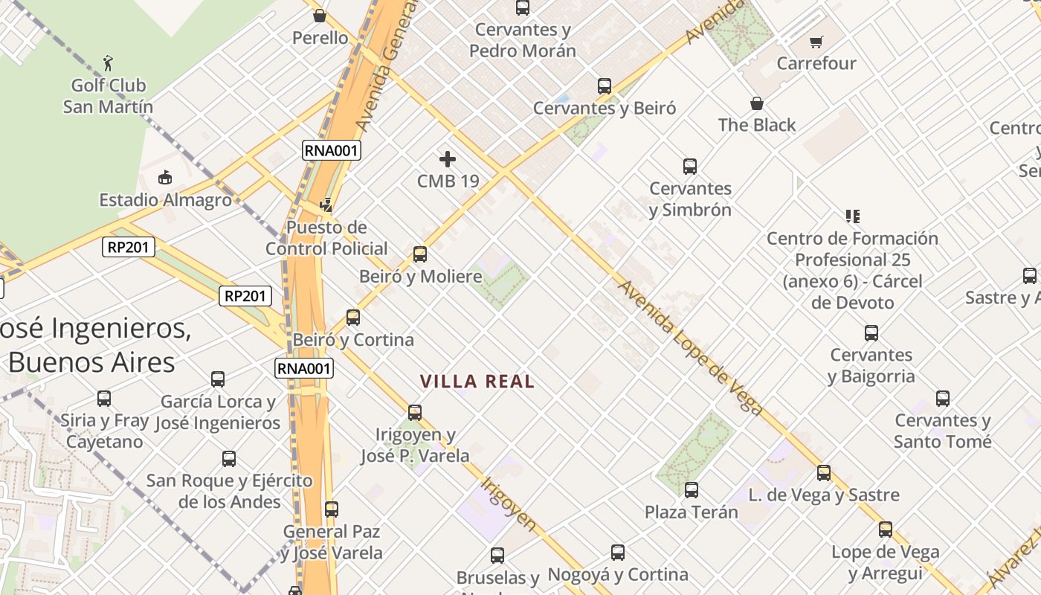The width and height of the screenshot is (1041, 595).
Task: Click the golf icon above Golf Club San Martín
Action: (x=109, y=63)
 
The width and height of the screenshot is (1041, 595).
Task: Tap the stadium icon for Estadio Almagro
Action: (x=165, y=178)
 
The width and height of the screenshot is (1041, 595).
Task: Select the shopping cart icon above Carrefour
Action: (x=816, y=42)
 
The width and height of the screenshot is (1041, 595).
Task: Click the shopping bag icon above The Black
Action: (x=756, y=103)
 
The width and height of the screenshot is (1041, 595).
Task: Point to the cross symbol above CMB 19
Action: (x=448, y=159)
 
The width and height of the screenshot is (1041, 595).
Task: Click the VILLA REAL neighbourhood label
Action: (x=477, y=382)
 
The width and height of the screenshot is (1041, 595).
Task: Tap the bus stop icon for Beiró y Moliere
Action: (x=420, y=254)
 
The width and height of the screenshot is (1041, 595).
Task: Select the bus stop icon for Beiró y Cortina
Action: (x=353, y=318)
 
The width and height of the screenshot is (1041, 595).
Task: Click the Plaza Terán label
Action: (x=691, y=512)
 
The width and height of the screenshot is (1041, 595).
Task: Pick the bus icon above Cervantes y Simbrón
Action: (x=690, y=167)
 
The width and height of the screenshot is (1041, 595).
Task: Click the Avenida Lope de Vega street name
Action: (x=691, y=347)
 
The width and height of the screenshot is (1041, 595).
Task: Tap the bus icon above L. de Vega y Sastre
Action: (x=824, y=473)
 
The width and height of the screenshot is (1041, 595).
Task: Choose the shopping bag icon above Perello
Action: (x=320, y=16)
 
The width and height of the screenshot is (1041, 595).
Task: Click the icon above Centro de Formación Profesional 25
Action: (x=852, y=216)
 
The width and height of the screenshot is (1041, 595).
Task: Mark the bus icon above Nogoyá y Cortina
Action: (x=618, y=553)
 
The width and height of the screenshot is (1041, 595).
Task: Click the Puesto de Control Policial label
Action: (x=326, y=238)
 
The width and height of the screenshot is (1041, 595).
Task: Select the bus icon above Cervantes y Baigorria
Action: (x=871, y=333)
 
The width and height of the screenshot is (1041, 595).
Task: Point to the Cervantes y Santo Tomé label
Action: (x=943, y=431)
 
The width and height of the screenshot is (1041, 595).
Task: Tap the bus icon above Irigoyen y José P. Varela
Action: (x=415, y=413)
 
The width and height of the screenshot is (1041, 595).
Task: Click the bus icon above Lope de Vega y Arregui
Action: (x=886, y=530)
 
